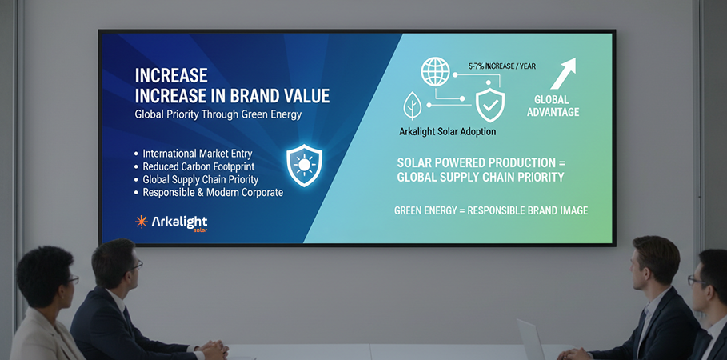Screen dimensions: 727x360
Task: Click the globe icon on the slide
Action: (x=435, y=72)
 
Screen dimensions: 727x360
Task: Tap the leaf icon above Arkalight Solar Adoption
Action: (x=412, y=106)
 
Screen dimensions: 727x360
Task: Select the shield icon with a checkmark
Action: (x=490, y=105)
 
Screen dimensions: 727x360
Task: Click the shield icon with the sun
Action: (x=304, y=165)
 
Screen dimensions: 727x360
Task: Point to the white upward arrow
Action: (x=563, y=74)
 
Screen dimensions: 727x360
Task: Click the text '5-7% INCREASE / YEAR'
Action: (x=502, y=66)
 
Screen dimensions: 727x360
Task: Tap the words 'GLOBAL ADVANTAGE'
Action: (x=553, y=106)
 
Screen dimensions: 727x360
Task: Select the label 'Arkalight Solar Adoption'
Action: (x=447, y=132)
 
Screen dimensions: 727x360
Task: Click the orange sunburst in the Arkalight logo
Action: (x=142, y=222)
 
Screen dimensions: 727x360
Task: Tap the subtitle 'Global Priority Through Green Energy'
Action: (x=218, y=114)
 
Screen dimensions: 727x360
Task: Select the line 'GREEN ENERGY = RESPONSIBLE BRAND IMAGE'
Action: (x=491, y=210)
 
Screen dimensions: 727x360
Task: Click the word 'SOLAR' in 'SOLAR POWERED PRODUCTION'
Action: (x=415, y=163)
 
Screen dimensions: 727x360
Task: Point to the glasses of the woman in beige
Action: (x=72, y=280)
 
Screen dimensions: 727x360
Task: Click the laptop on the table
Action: (x=531, y=339)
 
